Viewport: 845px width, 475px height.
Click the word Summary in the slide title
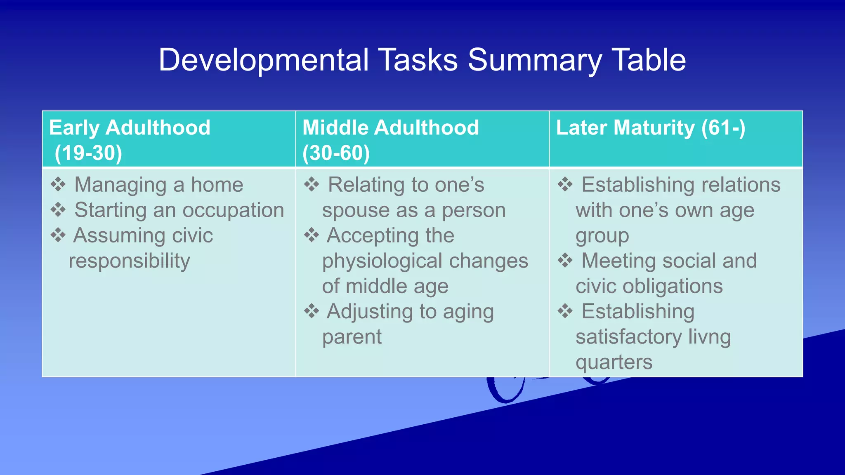pyautogui.click(x=535, y=60)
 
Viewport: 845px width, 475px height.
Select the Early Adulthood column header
pyautogui.click(x=130, y=127)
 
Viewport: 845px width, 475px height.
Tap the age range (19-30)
pyautogui.click(x=88, y=153)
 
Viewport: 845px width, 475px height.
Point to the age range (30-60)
pyautogui.click(x=336, y=153)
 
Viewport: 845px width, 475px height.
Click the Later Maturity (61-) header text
pyautogui.click(x=650, y=127)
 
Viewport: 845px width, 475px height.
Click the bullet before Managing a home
pyautogui.click(x=58, y=184)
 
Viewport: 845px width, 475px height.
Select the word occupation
pyautogui.click(x=233, y=210)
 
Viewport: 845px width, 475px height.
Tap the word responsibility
pyautogui.click(x=129, y=261)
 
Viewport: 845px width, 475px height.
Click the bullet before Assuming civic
pyautogui.click(x=58, y=235)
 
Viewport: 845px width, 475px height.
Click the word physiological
pyautogui.click(x=382, y=261)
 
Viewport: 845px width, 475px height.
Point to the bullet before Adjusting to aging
pyautogui.click(x=312, y=311)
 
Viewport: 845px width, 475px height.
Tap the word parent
pyautogui.click(x=352, y=337)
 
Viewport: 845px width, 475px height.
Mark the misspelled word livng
pyautogui.click(x=709, y=337)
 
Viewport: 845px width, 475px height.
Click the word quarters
pyautogui.click(x=614, y=362)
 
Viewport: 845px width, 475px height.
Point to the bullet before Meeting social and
pyautogui.click(x=565, y=261)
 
